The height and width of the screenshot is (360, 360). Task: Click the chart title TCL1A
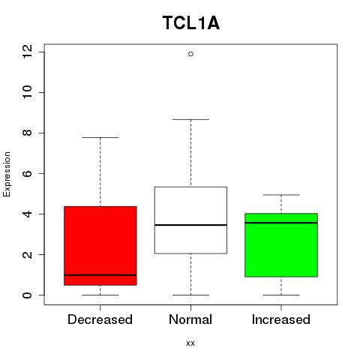[191, 23]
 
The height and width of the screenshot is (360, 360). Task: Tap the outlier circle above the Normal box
[190, 54]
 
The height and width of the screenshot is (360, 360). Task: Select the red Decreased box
[100, 246]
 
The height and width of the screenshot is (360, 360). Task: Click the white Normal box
[190, 220]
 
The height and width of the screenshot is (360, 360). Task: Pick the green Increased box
[281, 245]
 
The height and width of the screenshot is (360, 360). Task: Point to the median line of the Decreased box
[100, 275]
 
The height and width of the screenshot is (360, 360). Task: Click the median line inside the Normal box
[190, 225]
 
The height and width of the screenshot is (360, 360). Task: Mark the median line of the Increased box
[281, 223]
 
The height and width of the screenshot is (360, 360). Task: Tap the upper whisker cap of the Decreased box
[100, 137]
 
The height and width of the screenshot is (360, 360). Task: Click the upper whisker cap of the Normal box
[190, 119]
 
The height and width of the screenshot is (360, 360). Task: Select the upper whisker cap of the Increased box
[281, 195]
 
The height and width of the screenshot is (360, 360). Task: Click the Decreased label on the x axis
[100, 319]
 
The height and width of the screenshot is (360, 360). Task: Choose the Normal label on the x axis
[190, 319]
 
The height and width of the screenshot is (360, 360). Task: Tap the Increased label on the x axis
[281, 319]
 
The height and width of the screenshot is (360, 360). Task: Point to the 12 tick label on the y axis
[28, 52]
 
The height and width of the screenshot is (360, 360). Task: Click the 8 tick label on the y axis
[28, 133]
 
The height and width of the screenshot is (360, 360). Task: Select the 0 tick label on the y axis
[28, 295]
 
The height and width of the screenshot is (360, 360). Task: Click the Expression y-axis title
[7, 174]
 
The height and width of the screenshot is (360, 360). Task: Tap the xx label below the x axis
[190, 343]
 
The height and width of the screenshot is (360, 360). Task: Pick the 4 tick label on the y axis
[28, 214]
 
